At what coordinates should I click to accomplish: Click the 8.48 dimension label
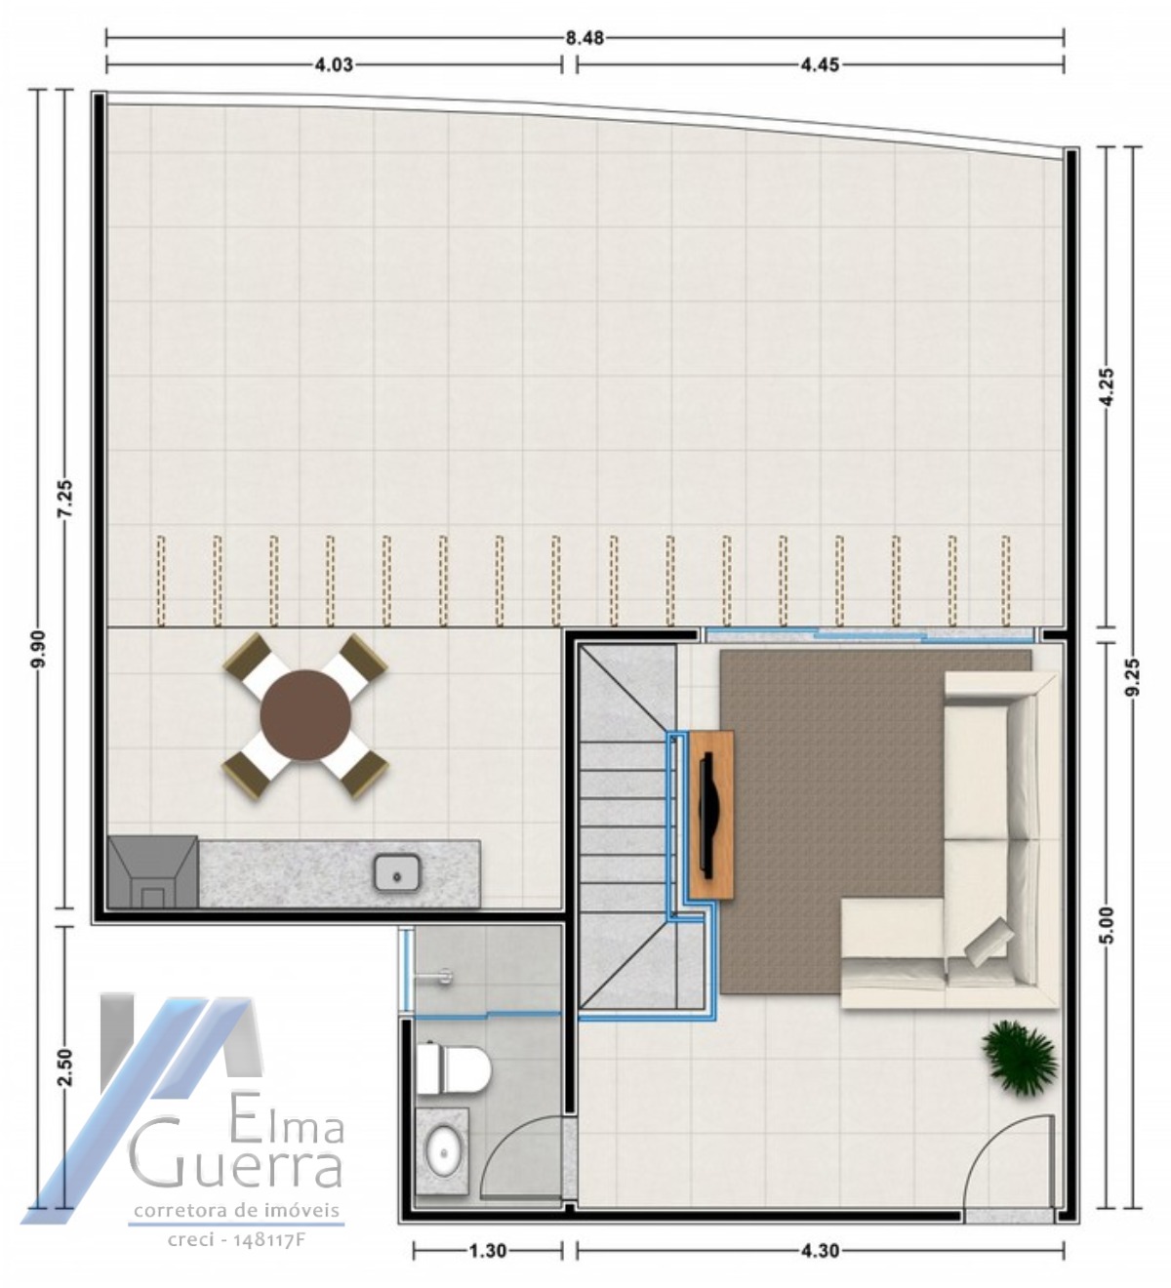(x=585, y=38)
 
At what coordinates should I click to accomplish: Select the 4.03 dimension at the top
(x=333, y=65)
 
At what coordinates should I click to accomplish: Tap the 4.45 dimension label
(x=820, y=65)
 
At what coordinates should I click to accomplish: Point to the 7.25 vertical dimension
(x=65, y=502)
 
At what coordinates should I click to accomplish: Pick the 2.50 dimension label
(x=65, y=1067)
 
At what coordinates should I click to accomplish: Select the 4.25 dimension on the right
(x=1105, y=387)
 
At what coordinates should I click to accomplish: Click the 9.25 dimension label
(x=1132, y=676)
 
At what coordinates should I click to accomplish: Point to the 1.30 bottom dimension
(x=487, y=1250)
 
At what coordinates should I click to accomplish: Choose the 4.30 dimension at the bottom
(x=820, y=1250)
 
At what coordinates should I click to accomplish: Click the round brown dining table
(x=305, y=715)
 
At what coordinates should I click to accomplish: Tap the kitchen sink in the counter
(x=397, y=872)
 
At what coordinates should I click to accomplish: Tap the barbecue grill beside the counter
(x=153, y=872)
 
